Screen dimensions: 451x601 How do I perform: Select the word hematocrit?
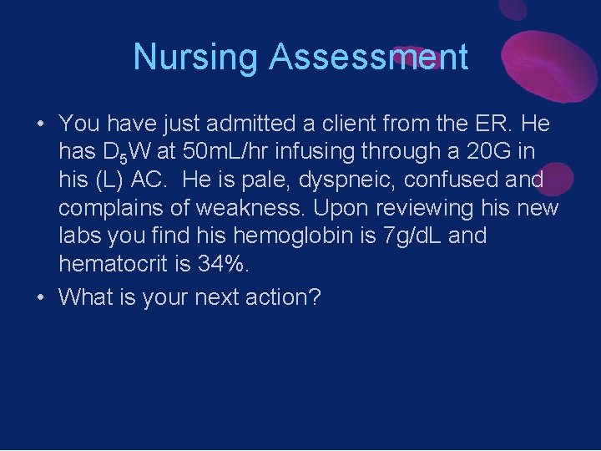(109, 265)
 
